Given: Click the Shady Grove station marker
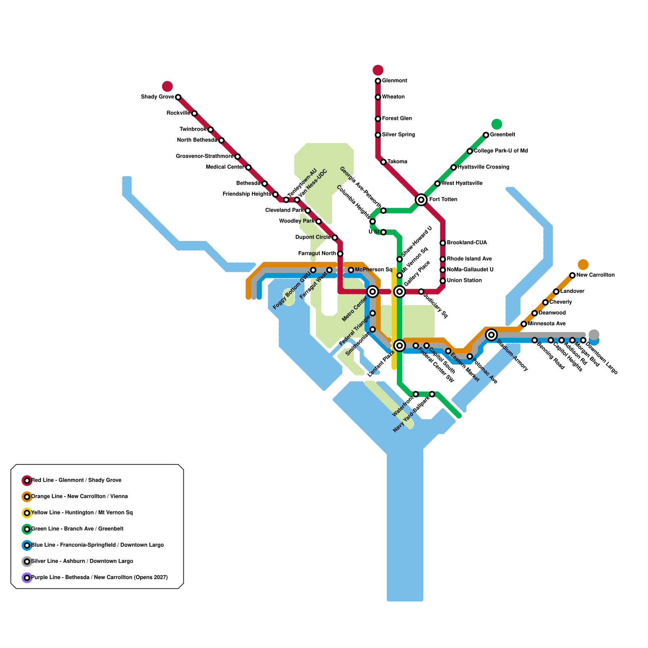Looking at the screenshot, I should coord(178,97).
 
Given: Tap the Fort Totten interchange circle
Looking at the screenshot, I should coord(421,199).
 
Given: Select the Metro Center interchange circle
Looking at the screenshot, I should coord(373,291).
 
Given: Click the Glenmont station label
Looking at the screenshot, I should coord(394,81).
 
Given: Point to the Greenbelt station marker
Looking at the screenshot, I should coord(486,135).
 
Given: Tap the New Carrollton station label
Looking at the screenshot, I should coord(595,275).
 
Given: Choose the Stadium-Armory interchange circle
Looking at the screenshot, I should coord(492,335).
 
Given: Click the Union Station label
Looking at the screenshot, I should coord(464,281).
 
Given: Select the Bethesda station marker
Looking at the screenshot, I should coord(264,183).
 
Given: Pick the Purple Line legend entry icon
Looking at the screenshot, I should coord(27,578).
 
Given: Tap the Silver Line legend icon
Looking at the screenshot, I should coord(27,561).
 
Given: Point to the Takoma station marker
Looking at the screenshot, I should coord(384,162).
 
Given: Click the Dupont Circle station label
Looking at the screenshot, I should coord(313,237).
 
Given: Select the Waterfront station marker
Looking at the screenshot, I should coord(416,394).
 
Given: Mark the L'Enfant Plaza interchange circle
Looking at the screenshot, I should coord(400,345).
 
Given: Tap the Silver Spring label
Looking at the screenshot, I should coord(399,135).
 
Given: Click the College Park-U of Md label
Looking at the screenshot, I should coord(501,151).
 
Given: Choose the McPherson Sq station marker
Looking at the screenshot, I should coord(351,270).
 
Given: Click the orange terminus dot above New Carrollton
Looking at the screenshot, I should coord(583,264).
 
